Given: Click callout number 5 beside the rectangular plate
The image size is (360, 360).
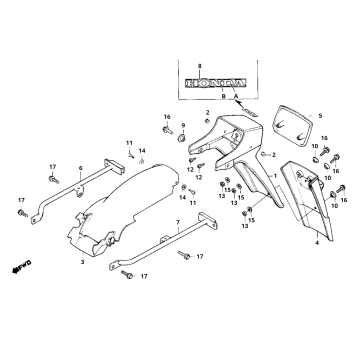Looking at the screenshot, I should click(x=321, y=117).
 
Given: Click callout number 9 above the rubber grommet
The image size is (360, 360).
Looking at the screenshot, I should click(x=183, y=124).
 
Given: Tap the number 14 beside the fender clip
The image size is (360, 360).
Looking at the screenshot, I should click(x=142, y=150).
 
